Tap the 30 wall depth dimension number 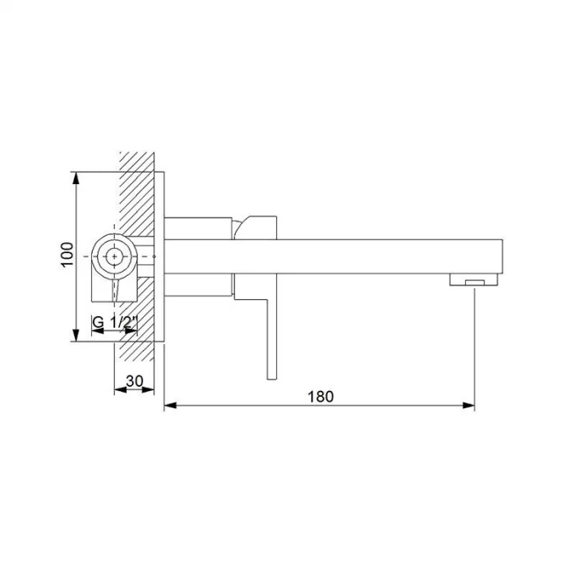(x=136, y=380)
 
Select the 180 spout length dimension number (x=320, y=396)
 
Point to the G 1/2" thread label (x=113, y=322)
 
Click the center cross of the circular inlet (x=113, y=256)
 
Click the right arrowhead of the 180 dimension (x=471, y=406)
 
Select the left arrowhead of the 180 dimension (x=169, y=406)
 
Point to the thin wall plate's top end (x=161, y=174)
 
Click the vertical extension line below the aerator (x=475, y=345)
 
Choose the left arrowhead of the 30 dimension (x=117, y=390)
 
